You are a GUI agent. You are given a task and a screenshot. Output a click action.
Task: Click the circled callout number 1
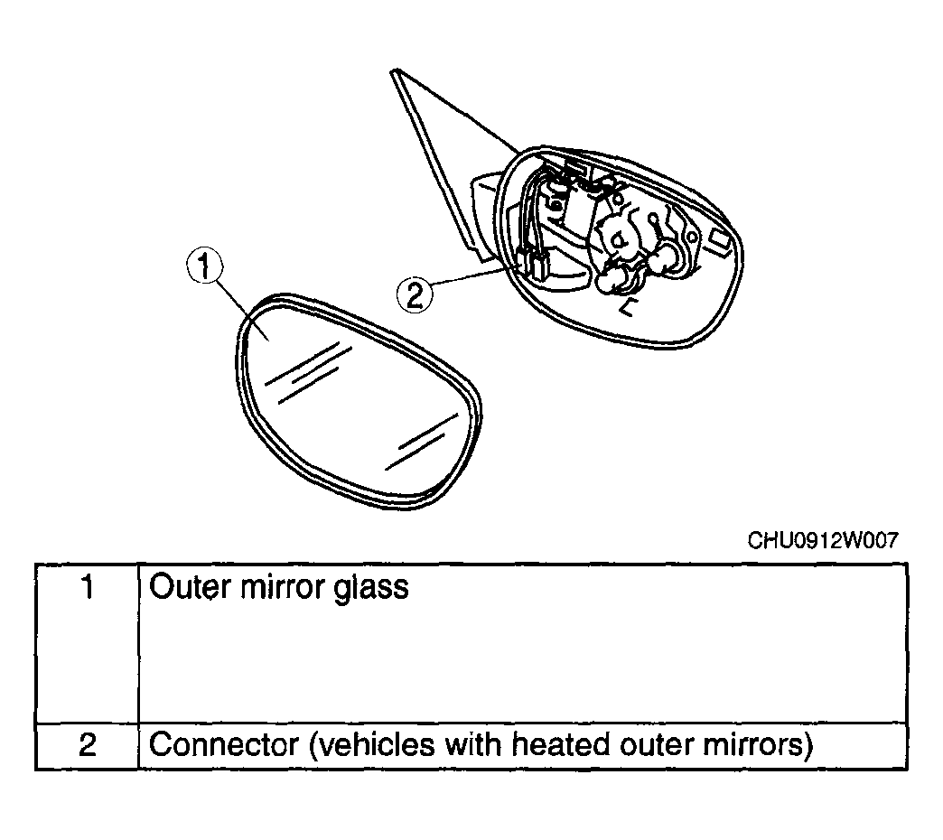click(x=204, y=266)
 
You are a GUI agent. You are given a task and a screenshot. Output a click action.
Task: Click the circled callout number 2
click(x=415, y=294)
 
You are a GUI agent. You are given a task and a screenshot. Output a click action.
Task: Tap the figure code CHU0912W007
click(x=822, y=540)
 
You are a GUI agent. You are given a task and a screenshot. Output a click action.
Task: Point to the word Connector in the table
click(x=224, y=744)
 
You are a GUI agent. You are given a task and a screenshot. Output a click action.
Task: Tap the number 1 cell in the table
click(x=88, y=643)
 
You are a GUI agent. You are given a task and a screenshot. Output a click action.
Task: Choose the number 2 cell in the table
click(x=88, y=745)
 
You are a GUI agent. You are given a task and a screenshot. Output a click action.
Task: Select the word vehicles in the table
click(x=372, y=744)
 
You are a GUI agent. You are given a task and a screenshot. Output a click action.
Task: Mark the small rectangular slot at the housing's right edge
click(x=720, y=240)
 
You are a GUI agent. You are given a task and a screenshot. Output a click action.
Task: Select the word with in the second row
click(x=473, y=744)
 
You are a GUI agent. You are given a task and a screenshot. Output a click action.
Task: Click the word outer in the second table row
click(x=656, y=745)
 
